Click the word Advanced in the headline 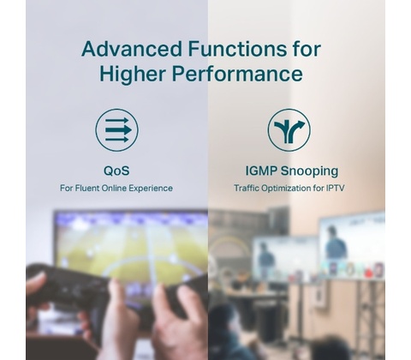[132, 49]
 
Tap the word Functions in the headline [237, 49]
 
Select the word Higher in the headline [133, 74]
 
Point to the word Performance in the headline [237, 74]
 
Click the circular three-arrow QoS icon [116, 130]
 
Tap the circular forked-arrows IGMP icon [289, 130]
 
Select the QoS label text [116, 171]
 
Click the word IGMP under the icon [261, 171]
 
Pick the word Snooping [310, 171]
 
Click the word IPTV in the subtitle [336, 189]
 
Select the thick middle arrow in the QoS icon [118, 130]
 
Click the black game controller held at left [67, 289]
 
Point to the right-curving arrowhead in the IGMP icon [301, 124]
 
